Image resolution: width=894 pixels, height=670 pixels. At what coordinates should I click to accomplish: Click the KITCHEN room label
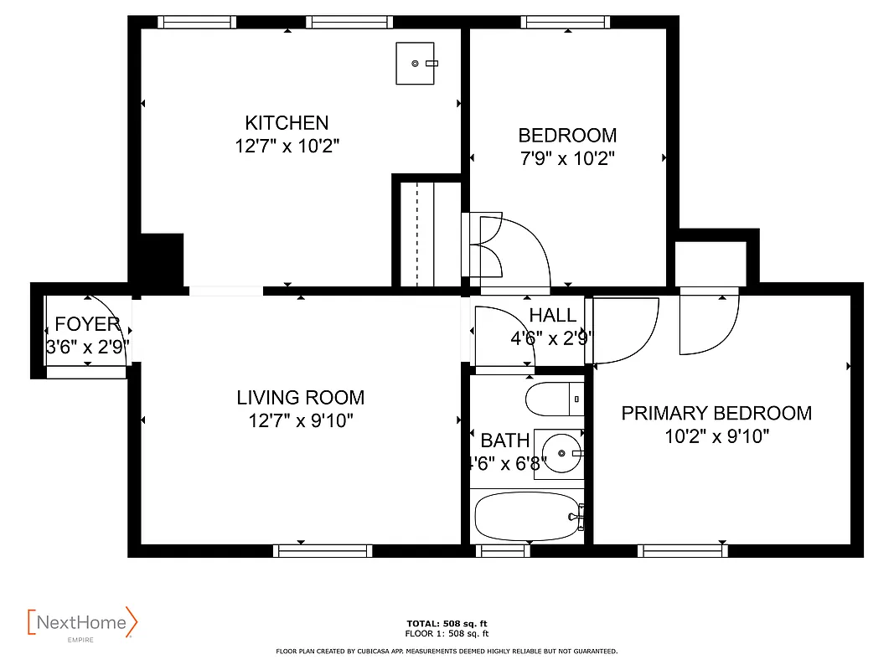pos(287,123)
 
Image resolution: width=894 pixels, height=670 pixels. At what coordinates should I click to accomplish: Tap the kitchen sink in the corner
pos(416,64)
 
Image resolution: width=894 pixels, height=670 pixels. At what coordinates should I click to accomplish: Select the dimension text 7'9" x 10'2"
pos(567,158)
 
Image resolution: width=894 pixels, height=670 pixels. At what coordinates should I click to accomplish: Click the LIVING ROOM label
pos(300,398)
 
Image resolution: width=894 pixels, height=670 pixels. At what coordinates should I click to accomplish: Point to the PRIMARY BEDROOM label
pos(716,413)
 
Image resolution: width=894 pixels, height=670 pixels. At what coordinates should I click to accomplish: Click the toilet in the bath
pos(554,399)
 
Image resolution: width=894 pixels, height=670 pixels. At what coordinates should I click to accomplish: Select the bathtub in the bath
pos(527,517)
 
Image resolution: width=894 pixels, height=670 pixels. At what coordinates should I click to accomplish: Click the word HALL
pos(553,316)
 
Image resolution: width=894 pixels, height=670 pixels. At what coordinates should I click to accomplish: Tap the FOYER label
pos(87,325)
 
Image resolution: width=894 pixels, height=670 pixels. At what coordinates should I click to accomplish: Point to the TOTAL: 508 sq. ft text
pos(447,623)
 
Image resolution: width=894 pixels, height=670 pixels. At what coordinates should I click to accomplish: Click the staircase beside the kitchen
pos(427,234)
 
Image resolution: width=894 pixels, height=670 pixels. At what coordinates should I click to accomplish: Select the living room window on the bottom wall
pos(323,550)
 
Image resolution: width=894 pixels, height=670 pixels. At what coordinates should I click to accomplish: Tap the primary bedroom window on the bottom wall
pos(682,550)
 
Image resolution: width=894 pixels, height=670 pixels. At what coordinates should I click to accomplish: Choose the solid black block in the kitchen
pos(161,260)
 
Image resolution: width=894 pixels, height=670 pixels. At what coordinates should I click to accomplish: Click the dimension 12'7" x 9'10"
pos(300,420)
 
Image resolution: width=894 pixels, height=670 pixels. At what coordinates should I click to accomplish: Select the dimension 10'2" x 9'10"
pos(716,435)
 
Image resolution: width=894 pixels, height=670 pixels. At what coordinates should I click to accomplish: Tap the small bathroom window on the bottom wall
pos(503,550)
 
